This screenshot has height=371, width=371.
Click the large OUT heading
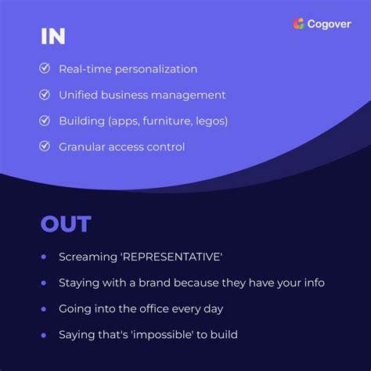(66, 225)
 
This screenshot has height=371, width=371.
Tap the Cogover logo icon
(298, 23)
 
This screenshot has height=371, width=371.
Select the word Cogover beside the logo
(330, 24)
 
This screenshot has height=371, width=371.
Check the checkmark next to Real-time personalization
(45, 68)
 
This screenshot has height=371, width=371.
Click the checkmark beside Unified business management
(45, 94)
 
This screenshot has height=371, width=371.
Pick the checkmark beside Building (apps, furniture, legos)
(45, 120)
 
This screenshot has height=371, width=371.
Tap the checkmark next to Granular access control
(45, 146)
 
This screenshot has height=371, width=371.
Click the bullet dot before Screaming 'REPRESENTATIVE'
(44, 256)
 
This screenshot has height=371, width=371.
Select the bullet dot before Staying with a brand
(44, 282)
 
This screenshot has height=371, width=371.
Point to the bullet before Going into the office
(44, 308)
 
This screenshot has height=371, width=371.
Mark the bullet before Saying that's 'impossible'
(44, 334)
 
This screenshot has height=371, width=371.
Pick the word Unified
(80, 95)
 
